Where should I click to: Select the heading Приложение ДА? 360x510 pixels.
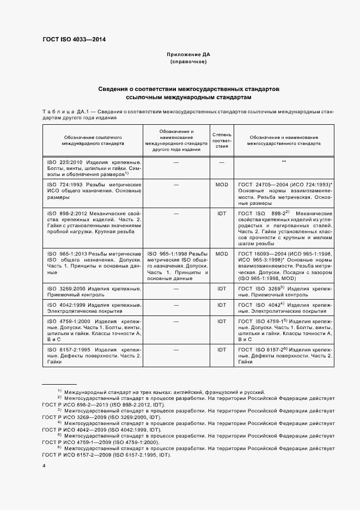coord(188,56)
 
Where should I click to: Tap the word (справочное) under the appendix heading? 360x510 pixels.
coord(188,63)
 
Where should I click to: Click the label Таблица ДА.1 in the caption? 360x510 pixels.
coord(62,112)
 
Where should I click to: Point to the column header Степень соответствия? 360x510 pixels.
coord(222,140)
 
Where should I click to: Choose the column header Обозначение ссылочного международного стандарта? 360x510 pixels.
coord(92,140)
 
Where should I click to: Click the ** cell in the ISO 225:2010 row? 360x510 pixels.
coord(284,162)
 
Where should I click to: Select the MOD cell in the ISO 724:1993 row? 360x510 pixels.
coord(222,185)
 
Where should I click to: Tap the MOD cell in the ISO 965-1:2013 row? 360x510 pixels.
coord(222,254)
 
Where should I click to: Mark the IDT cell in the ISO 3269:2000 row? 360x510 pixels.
coord(222,288)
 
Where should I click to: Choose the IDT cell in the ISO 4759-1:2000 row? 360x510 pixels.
coord(222,321)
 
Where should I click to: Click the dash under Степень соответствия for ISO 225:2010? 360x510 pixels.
coord(222,162)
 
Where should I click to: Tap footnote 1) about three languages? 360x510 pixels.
coord(163,392)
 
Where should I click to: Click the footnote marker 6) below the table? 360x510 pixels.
coord(59,447)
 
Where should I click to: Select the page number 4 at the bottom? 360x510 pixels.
coord(44,466)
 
